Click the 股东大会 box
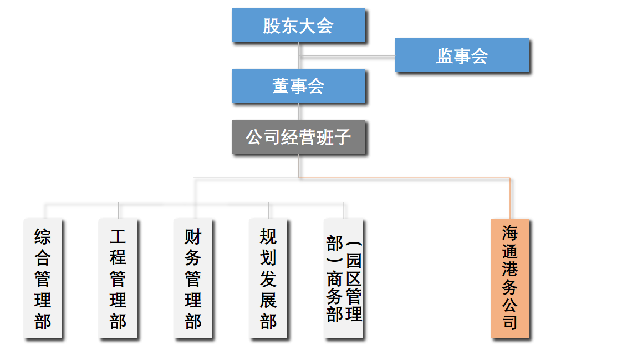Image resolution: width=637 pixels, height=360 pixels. click(298, 26)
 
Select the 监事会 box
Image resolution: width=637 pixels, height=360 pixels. click(462, 55)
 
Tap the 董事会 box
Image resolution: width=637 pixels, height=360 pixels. click(298, 86)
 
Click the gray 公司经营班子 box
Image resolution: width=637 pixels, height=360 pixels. click(298, 137)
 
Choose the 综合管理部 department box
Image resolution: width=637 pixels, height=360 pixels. click(43, 278)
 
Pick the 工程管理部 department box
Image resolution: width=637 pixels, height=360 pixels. click(118, 278)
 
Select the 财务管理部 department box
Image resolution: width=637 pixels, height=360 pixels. click(193, 278)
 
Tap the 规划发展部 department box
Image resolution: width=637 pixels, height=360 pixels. click(268, 278)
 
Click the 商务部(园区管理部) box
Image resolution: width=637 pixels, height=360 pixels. click(344, 278)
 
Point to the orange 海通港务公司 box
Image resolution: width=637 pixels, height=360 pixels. click(510, 278)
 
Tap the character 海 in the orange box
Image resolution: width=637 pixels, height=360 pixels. click(510, 233)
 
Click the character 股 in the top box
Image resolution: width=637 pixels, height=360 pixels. click(272, 26)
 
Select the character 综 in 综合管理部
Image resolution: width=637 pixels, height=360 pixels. click(43, 237)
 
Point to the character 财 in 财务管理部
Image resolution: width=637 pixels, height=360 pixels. click(193, 237)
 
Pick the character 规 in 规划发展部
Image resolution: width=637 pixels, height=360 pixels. click(268, 237)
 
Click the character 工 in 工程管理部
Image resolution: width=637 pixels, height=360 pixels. click(118, 237)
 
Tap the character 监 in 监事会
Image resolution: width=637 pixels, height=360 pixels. click(445, 55)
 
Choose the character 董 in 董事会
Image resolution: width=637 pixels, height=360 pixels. click(281, 86)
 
